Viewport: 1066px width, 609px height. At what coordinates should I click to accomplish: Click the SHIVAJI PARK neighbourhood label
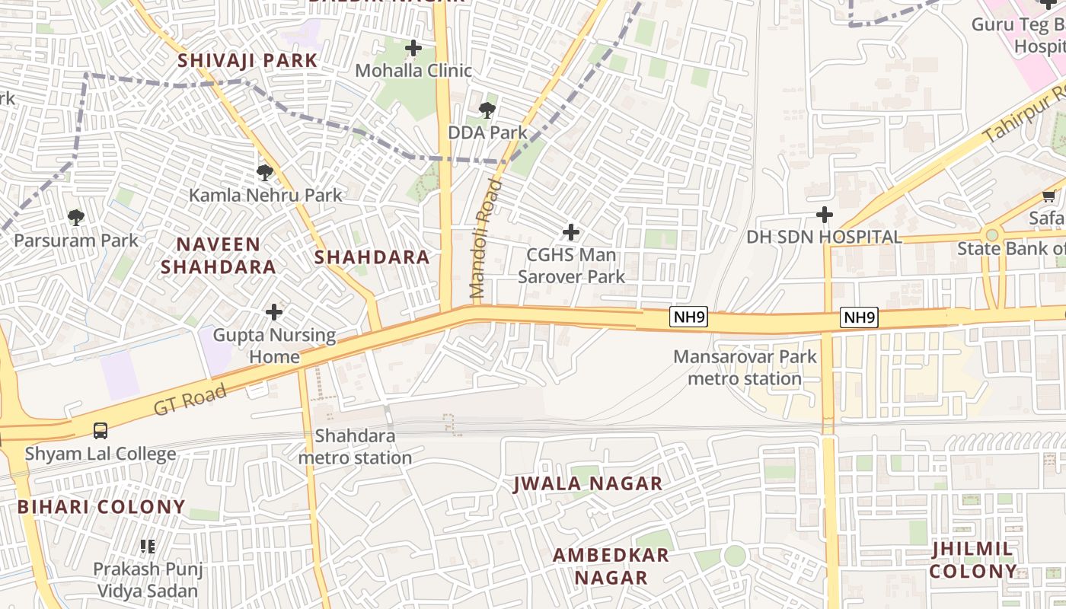click(x=247, y=60)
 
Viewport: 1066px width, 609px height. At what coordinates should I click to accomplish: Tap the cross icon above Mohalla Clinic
click(x=413, y=49)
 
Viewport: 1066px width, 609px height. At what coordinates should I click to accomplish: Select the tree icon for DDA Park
click(x=487, y=110)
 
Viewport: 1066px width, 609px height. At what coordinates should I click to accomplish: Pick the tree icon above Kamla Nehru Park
click(x=265, y=173)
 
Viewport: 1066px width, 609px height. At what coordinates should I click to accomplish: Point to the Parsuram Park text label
click(x=76, y=241)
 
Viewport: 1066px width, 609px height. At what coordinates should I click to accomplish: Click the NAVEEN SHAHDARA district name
click(x=219, y=256)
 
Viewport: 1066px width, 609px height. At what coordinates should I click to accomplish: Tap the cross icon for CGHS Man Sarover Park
click(x=570, y=232)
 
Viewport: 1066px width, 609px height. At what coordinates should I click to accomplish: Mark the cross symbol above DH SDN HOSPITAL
click(x=824, y=215)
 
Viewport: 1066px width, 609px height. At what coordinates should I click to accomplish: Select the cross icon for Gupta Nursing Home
click(x=274, y=312)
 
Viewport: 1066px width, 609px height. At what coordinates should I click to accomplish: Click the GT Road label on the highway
click(x=190, y=400)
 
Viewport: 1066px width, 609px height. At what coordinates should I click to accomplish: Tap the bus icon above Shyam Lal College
click(x=101, y=431)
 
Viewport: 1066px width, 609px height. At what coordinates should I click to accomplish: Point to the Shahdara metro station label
click(x=355, y=447)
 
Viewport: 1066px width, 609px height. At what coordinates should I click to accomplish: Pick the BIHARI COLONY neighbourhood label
click(x=101, y=507)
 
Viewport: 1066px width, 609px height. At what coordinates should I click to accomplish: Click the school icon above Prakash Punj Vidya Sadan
click(x=148, y=546)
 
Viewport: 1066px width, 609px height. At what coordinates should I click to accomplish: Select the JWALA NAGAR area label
click(x=588, y=483)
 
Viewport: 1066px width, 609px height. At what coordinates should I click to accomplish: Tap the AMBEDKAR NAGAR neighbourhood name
click(x=611, y=566)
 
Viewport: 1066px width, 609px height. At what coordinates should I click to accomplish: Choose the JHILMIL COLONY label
click(x=972, y=560)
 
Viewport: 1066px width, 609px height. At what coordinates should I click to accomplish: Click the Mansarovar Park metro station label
click(x=745, y=368)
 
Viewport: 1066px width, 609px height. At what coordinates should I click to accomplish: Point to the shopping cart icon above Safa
click(x=1048, y=196)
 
